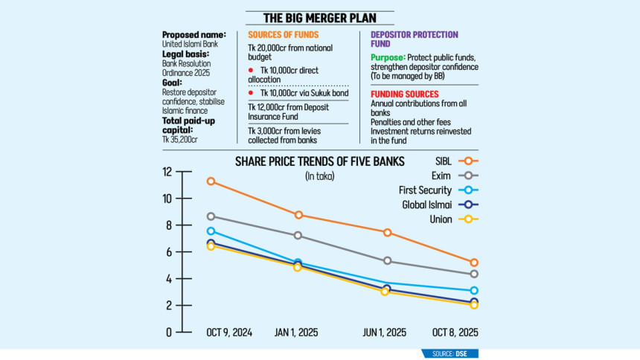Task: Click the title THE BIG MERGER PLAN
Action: click(x=320, y=18)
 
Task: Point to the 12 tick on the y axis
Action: click(x=167, y=172)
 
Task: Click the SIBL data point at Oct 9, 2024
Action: click(x=211, y=181)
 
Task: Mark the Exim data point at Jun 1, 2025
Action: click(x=388, y=261)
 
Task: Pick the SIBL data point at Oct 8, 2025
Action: click(x=474, y=263)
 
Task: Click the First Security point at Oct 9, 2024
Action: click(x=211, y=231)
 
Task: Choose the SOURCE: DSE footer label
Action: click(x=449, y=353)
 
